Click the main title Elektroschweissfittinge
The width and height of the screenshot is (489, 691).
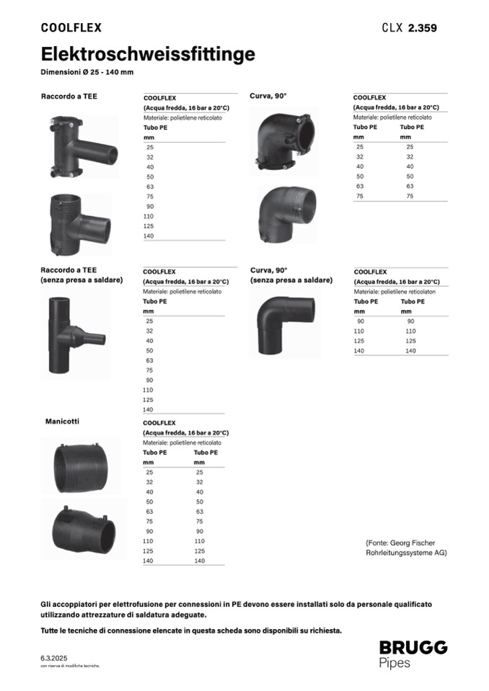148,54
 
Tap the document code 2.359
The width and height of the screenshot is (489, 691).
422,28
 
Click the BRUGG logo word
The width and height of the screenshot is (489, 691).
413,647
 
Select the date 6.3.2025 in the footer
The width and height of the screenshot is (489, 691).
54,658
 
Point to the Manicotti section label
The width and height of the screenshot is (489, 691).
62,422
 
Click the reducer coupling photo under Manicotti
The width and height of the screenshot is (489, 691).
84,530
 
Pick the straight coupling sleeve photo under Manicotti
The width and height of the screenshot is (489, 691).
81,465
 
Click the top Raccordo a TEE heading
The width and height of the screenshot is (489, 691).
69,96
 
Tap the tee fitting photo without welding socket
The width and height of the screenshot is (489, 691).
76,334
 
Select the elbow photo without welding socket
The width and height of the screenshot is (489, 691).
285,324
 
